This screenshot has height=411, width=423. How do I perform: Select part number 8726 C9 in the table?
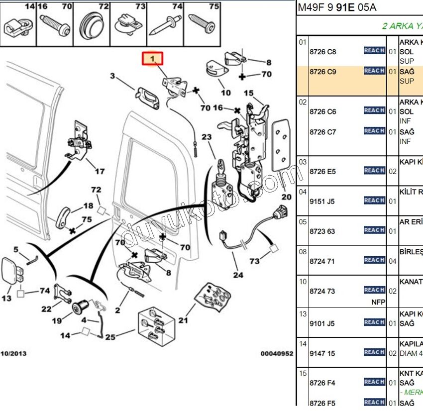tap(322, 72)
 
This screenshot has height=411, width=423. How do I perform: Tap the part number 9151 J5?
tap(322, 202)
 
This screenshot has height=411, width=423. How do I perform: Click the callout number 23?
tap(207, 137)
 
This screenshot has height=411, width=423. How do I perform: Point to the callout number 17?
tap(100, 171)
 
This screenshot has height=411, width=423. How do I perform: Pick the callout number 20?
tap(287, 197)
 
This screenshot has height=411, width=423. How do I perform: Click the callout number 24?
tap(237, 275)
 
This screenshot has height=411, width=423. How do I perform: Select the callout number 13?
tap(6, 299)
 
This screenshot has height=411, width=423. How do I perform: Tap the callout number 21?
tap(183, 320)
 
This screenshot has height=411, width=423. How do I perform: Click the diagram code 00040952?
tap(277, 354)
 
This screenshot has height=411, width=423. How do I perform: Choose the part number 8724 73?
tap(322, 291)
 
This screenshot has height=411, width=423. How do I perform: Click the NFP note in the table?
tap(378, 302)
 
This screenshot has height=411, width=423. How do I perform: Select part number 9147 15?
tap(322, 353)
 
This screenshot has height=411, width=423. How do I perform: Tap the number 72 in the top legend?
tap(104, 6)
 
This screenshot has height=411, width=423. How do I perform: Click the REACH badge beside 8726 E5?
tap(374, 171)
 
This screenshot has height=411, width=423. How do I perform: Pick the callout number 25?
tap(110, 337)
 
